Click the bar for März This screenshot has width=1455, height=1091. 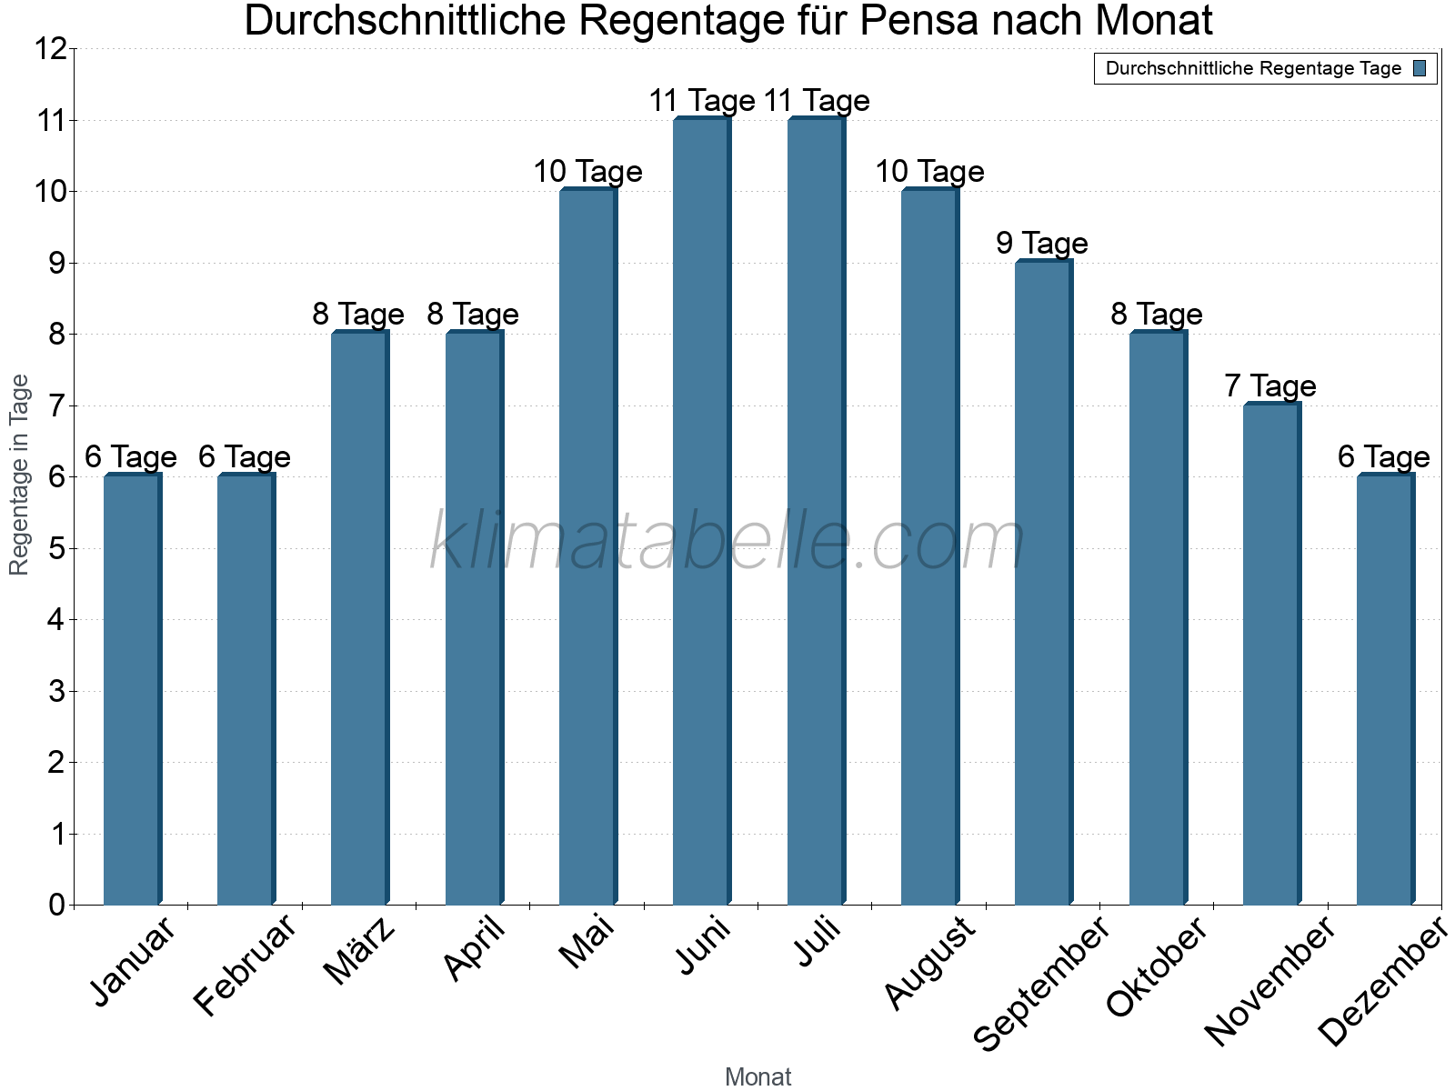pos(360,618)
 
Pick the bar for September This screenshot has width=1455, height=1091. pos(1043,582)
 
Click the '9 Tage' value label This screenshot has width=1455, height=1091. pos(1042,244)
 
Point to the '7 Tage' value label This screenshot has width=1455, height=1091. pos(1270,386)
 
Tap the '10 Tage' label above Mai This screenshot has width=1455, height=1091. pos(587,172)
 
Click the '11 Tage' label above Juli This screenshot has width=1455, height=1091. pos(817,101)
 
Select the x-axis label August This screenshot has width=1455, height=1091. pos(929,964)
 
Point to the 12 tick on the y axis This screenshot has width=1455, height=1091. pos(51,49)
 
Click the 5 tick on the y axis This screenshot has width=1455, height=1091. pos(56,548)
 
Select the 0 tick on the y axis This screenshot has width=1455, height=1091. pos(56,905)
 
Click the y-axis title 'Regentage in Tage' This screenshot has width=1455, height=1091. pos(20,475)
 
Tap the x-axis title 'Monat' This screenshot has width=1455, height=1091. pos(758,1077)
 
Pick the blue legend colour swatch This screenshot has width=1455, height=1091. pos(1420,68)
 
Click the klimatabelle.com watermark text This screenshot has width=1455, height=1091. pos(727,543)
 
